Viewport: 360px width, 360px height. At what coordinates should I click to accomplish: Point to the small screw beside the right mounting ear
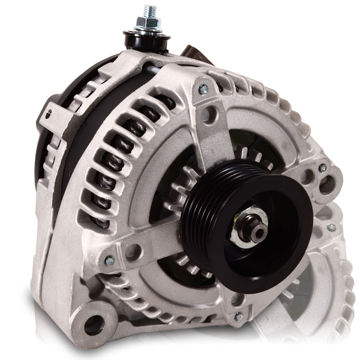pos(322,168)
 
